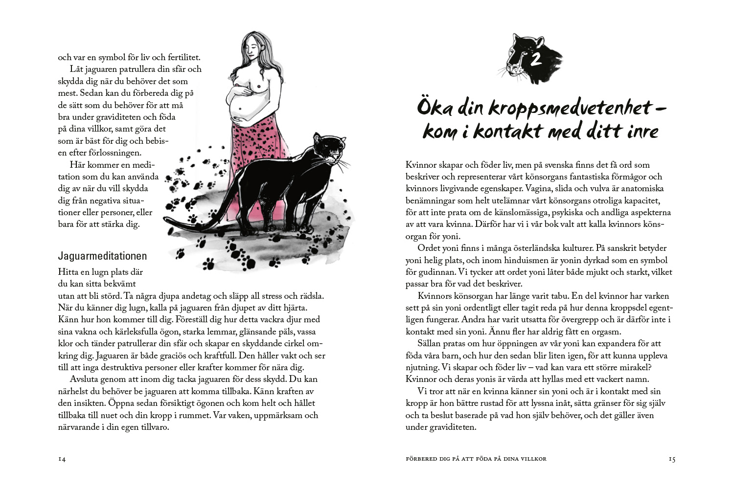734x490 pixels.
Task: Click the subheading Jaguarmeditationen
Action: [102, 256]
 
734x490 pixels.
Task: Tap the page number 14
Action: [62, 459]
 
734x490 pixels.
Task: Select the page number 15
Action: [672, 459]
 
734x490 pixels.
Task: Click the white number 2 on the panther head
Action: [536, 60]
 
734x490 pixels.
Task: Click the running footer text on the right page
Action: [476, 459]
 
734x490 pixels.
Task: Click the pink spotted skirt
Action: [259, 142]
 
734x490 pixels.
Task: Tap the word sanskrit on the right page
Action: [619, 248]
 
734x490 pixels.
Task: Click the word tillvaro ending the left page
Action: [152, 427]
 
